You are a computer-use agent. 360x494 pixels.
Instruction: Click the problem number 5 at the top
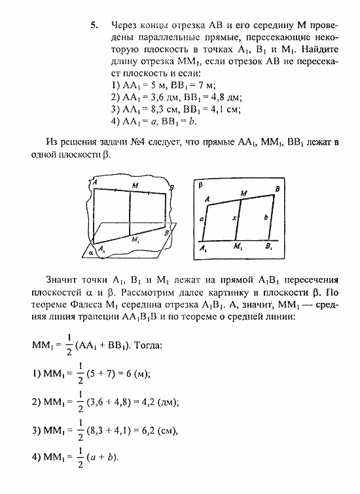click(95, 26)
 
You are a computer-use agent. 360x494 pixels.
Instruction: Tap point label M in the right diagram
click(243, 193)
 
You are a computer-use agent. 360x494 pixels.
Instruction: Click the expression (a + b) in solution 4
click(103, 458)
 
